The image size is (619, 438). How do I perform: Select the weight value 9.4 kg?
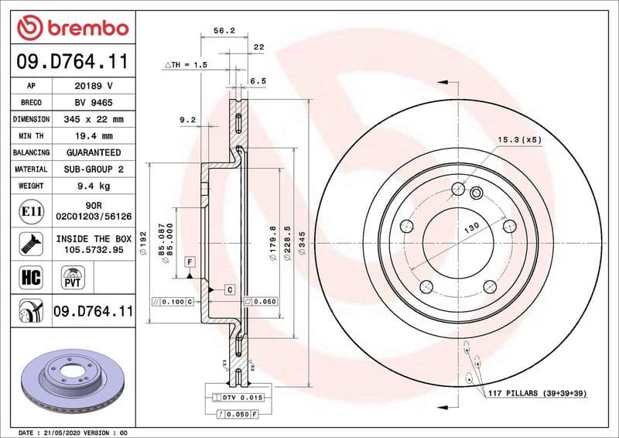tap(94, 186)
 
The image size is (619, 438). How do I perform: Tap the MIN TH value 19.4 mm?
tap(94, 136)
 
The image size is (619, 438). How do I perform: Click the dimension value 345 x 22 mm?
tap(94, 119)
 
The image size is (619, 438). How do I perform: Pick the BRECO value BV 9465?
tap(94, 102)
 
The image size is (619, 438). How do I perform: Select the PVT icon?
tap(74, 275)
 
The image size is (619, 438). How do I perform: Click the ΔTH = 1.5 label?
tap(186, 65)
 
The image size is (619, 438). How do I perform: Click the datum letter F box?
tap(189, 263)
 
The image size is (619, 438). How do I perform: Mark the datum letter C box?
tap(230, 289)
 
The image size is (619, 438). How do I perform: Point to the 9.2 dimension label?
tap(187, 119)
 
